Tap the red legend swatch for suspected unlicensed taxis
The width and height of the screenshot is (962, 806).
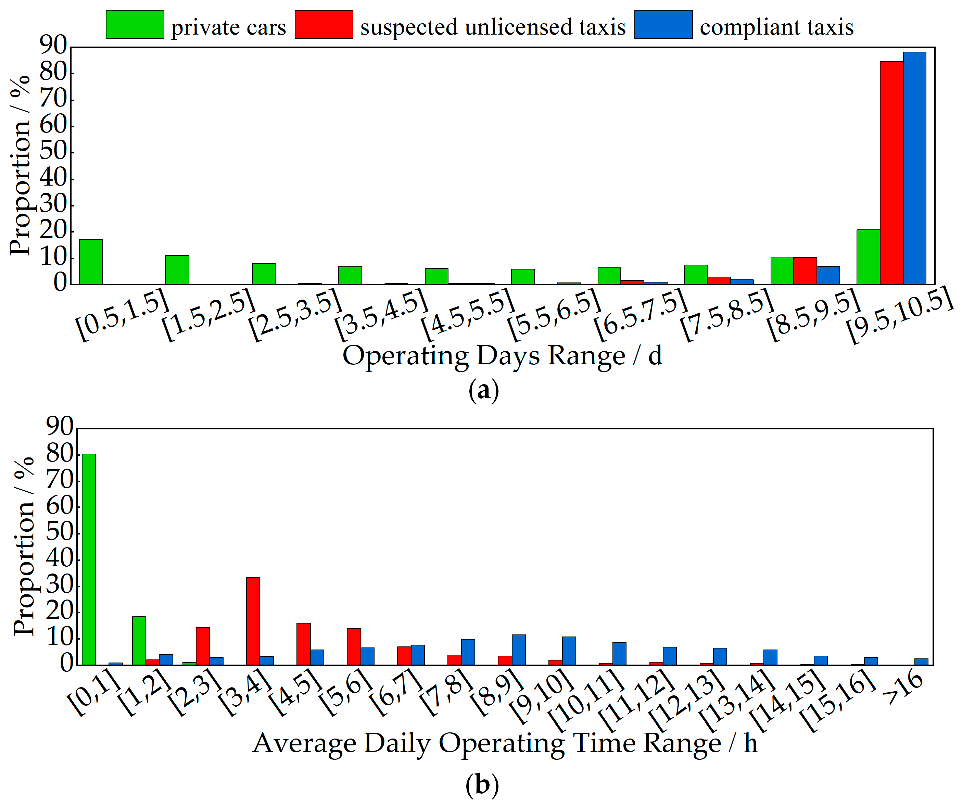pyautogui.click(x=324, y=24)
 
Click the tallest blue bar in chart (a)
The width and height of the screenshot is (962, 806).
pyautogui.click(x=914, y=168)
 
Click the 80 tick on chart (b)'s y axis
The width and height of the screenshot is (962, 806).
pyautogui.click(x=60, y=455)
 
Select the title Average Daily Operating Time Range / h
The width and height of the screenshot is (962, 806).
pyautogui.click(x=504, y=743)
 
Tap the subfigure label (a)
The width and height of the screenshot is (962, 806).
pyautogui.click(x=484, y=391)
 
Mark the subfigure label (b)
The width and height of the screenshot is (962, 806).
pyautogui.click(x=482, y=785)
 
